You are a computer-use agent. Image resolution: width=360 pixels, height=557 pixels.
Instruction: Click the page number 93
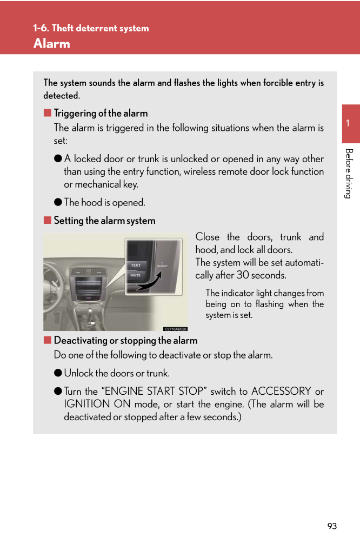point(332,526)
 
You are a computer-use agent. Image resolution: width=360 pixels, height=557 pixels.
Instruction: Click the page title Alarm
point(52,44)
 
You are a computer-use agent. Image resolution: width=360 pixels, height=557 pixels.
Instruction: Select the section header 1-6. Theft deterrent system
point(91,28)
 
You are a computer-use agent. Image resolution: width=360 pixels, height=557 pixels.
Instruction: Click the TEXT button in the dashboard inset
point(135,265)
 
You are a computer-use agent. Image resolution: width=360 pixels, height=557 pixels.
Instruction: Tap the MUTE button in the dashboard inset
point(135,275)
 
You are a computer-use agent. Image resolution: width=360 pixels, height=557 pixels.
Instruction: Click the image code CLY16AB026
point(175,328)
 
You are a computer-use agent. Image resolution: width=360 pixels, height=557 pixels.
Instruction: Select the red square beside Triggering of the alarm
point(47,113)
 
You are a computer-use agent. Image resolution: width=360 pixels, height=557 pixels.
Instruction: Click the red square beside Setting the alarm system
point(47,221)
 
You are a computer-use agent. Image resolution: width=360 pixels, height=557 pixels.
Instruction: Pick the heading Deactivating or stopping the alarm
point(125,341)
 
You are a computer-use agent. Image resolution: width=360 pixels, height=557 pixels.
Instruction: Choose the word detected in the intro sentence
point(61,96)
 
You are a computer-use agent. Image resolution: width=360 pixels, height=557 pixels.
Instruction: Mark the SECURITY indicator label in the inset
point(162,266)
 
